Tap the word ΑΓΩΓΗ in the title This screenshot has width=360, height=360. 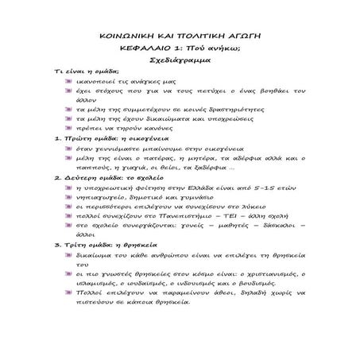[x=238, y=37]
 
